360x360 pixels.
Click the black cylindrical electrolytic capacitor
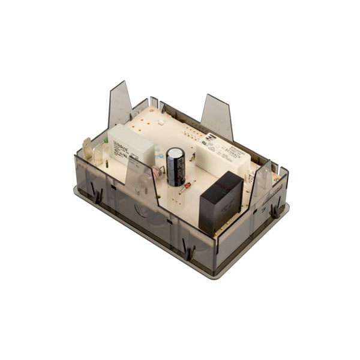pos(176,167)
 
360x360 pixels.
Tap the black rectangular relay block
pos(220,202)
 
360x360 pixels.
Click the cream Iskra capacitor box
pos(130,145)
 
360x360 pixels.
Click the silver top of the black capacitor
pos(176,152)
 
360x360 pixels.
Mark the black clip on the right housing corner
pos(275,209)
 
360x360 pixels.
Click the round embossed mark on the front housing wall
pos(142,210)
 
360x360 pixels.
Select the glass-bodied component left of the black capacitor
pos(158,173)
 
